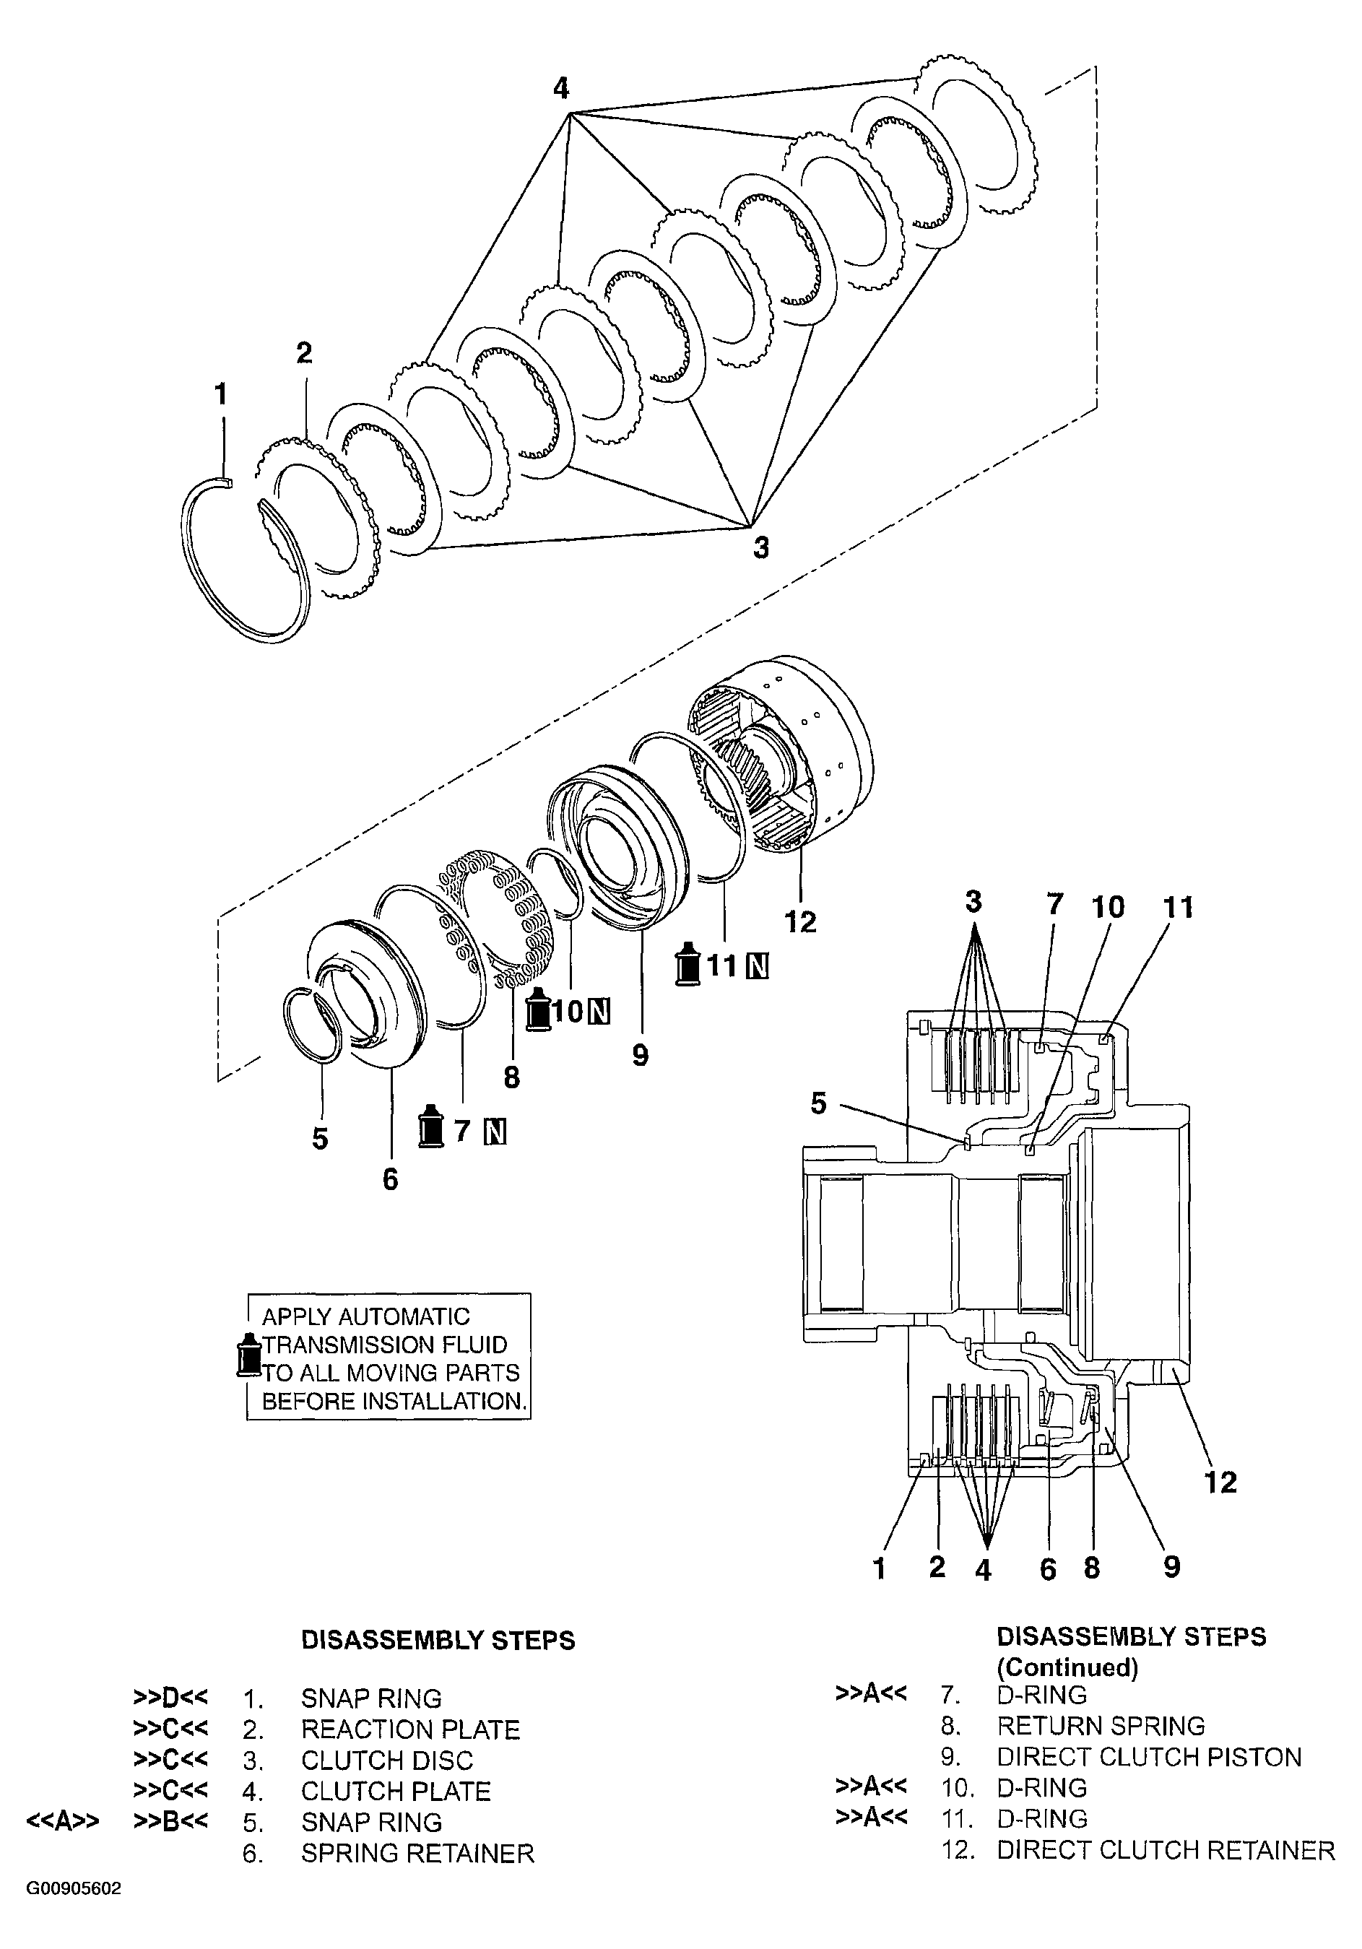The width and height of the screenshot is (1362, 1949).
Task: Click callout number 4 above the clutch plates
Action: click(x=560, y=88)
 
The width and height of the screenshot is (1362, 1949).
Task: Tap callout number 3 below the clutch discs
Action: click(x=761, y=548)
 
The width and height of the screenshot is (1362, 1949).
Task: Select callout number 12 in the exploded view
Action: click(x=800, y=921)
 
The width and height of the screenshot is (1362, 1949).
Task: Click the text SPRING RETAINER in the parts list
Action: click(x=417, y=1853)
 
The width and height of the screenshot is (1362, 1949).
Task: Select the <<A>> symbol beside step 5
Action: click(x=63, y=1822)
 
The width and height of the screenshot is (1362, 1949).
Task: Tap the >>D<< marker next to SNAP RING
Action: click(x=170, y=1698)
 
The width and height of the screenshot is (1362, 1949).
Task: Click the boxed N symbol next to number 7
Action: click(x=496, y=1132)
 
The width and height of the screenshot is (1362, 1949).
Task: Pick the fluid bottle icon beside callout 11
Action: click(x=687, y=965)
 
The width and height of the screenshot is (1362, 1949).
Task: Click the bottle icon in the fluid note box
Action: click(x=249, y=1355)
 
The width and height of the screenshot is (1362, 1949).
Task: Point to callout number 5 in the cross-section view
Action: click(x=817, y=1103)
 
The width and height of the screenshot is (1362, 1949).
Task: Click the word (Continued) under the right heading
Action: click(x=1067, y=1667)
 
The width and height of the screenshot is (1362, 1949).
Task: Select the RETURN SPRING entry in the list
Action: click(x=1101, y=1726)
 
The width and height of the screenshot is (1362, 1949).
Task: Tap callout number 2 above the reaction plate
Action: click(x=304, y=352)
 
